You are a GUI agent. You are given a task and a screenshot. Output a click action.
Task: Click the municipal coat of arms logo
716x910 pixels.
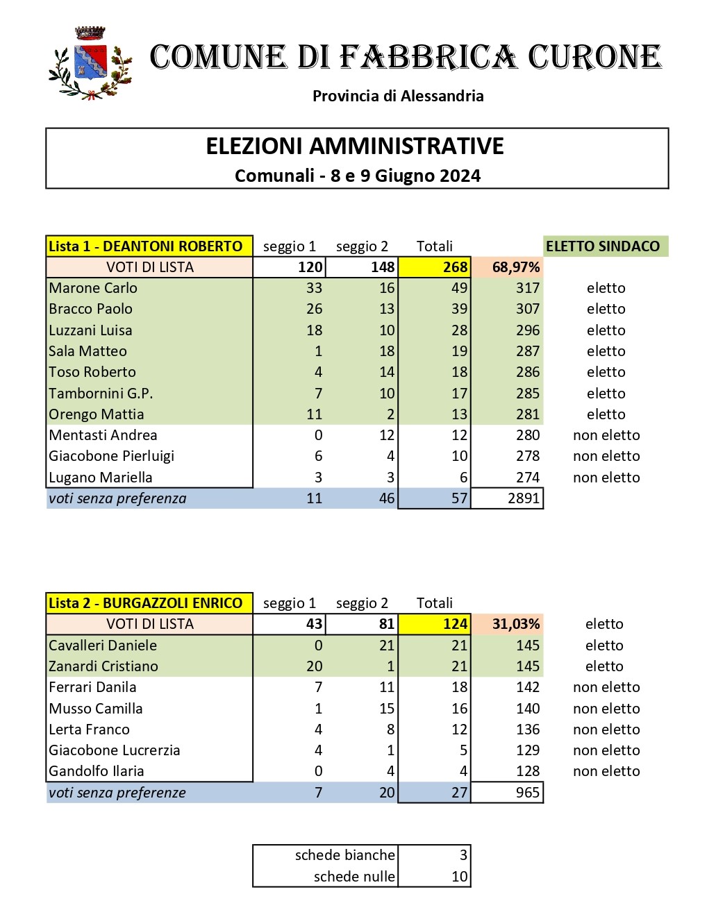tap(90, 64)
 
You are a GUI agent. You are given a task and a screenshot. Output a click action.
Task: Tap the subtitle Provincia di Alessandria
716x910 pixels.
tap(398, 96)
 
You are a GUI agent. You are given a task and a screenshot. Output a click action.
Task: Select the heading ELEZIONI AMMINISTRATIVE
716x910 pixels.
tap(355, 146)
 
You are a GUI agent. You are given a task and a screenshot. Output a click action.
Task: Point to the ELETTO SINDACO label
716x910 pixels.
tap(603, 246)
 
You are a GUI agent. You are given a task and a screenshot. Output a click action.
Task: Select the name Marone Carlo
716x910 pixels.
tap(93, 288)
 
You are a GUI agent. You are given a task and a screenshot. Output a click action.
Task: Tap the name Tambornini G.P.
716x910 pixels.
tap(101, 394)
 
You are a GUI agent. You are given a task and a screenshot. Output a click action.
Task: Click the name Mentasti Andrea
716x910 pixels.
tap(103, 435)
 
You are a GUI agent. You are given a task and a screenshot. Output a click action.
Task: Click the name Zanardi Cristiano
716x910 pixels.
tap(103, 666)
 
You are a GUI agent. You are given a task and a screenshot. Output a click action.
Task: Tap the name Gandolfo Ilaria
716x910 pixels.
tap(97, 771)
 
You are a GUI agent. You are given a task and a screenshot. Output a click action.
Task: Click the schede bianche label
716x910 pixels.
tap(344, 855)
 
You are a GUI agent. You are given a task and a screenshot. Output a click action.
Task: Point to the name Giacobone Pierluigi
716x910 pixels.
tap(111, 456)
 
